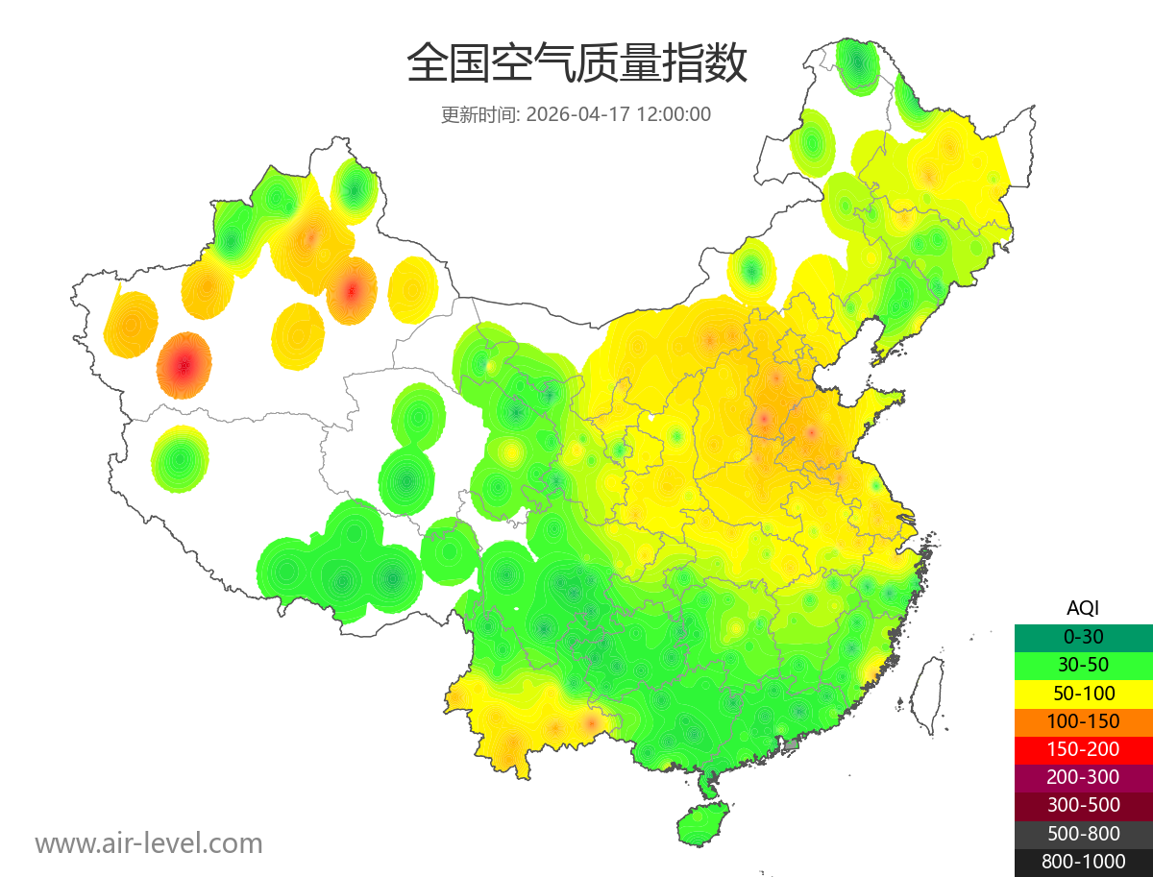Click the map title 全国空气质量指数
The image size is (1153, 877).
pyautogui.click(x=576, y=64)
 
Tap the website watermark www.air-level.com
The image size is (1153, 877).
pyautogui.click(x=149, y=843)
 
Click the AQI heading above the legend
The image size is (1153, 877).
pyautogui.click(x=1083, y=607)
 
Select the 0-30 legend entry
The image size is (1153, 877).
pyautogui.click(x=1083, y=637)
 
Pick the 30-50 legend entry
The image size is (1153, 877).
pyautogui.click(x=1083, y=665)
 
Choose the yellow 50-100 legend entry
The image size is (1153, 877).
pyautogui.click(x=1083, y=693)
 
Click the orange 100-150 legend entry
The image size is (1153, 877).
pyautogui.click(x=1083, y=721)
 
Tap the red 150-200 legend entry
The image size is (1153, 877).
pyautogui.click(x=1083, y=749)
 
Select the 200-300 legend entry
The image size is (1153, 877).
pyautogui.click(x=1083, y=777)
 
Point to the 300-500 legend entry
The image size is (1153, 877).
pyautogui.click(x=1083, y=805)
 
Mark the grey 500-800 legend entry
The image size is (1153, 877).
pyautogui.click(x=1083, y=834)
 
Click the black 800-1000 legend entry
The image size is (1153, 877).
pyautogui.click(x=1083, y=862)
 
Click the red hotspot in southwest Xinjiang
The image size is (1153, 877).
pyautogui.click(x=184, y=365)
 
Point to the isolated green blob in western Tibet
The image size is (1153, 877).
pyautogui.click(x=179, y=459)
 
